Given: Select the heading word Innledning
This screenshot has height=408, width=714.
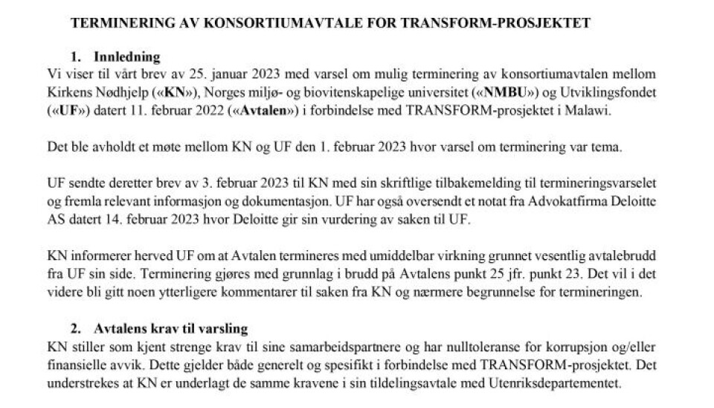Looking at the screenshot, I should coord(126,56).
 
